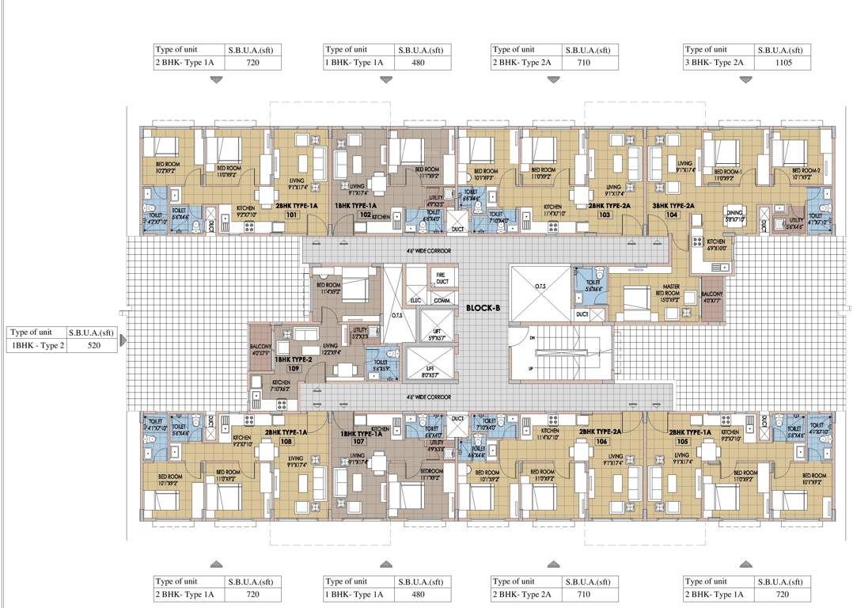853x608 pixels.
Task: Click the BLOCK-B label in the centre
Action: (x=482, y=307)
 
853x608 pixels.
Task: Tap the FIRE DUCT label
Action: (x=441, y=279)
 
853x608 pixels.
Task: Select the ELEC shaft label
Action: (x=415, y=301)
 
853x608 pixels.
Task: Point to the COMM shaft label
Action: (x=442, y=301)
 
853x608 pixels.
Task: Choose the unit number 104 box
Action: (x=673, y=215)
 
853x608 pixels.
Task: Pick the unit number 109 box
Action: (x=293, y=369)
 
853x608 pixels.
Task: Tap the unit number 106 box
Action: (x=601, y=442)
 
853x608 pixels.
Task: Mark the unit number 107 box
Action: (x=358, y=442)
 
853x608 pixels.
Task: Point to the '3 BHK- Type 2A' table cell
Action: (x=717, y=63)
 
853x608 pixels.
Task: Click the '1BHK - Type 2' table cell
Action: (x=36, y=346)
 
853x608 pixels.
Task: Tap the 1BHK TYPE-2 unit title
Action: (x=293, y=359)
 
